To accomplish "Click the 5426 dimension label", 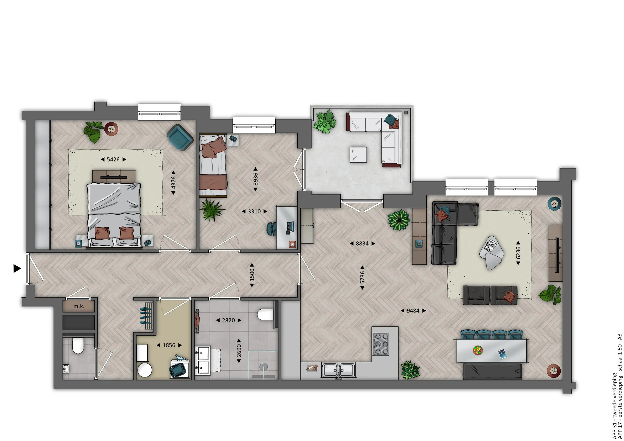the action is point(113,159).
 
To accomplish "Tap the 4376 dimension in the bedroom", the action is point(173,183).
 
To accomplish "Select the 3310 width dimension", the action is point(254,211).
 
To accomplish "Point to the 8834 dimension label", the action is point(362,243).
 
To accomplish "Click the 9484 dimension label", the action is point(413,311).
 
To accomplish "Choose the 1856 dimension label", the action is point(169,345).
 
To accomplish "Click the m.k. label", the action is point(79,306).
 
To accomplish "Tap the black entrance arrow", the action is point(17,268).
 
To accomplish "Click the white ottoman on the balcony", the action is point(358,155).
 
